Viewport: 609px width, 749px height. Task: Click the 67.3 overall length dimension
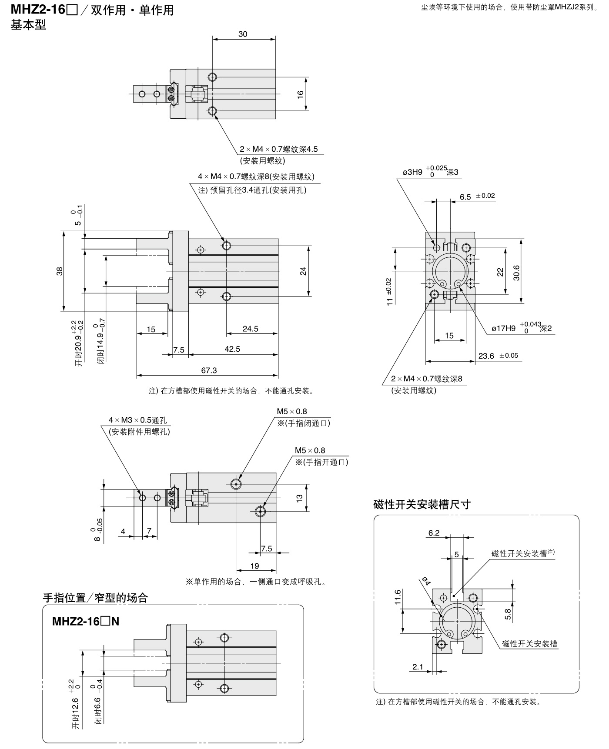pos(209,370)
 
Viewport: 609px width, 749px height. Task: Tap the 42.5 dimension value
pos(232,349)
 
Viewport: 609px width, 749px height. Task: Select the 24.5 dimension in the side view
pos(251,329)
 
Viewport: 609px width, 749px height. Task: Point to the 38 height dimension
pos(60,271)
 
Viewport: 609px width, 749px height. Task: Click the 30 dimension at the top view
pos(243,34)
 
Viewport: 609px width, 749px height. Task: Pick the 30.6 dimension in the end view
pos(516,273)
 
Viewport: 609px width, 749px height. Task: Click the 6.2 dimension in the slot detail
pos(434,533)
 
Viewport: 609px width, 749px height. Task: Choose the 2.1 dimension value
pos(418,666)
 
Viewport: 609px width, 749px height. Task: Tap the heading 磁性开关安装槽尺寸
pos(422,504)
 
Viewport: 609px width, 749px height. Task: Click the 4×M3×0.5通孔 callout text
pos(137,420)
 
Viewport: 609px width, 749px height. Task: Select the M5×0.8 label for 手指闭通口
pos(292,411)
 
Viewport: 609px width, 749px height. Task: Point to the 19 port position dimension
pos(255,566)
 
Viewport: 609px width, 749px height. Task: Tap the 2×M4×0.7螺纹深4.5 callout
pos(279,149)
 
